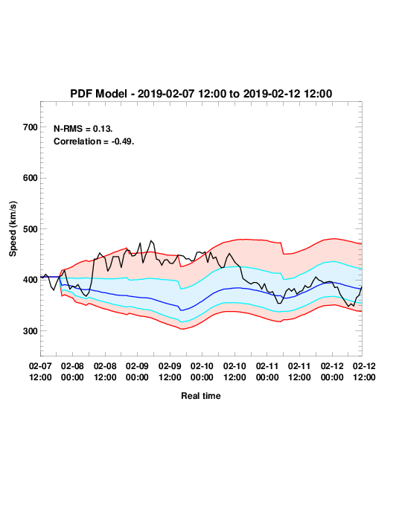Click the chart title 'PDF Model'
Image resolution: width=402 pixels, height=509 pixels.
coord(99,94)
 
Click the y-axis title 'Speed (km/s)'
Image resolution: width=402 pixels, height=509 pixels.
coord(13,229)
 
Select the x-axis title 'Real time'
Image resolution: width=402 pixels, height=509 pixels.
coord(201,396)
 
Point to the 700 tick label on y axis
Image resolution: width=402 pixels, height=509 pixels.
coord(31,127)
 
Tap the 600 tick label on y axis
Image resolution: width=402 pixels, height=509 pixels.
coord(31,178)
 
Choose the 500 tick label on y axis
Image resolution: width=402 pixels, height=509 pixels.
coord(31,229)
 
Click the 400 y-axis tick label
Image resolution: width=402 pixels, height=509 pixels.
coord(31,280)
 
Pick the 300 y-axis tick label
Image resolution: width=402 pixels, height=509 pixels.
coord(31,331)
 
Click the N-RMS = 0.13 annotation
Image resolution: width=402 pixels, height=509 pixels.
coord(83,129)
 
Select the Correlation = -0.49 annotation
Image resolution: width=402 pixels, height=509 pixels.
coord(94,141)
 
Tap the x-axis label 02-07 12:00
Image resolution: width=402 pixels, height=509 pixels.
coord(40,371)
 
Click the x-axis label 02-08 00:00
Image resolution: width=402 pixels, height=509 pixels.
coord(72,371)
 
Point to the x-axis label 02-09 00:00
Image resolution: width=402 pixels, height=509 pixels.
coord(137,371)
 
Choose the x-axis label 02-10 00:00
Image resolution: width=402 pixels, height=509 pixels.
coord(202,371)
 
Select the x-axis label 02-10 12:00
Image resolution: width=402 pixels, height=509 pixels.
coord(234,371)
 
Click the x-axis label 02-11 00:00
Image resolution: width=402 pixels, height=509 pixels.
coord(267,371)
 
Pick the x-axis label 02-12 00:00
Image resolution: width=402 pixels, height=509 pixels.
coord(332,371)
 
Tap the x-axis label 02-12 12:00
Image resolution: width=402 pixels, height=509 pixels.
coord(364,371)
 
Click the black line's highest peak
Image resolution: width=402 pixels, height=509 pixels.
coord(151,240)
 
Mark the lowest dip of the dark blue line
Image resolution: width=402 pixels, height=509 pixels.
coord(182,310)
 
